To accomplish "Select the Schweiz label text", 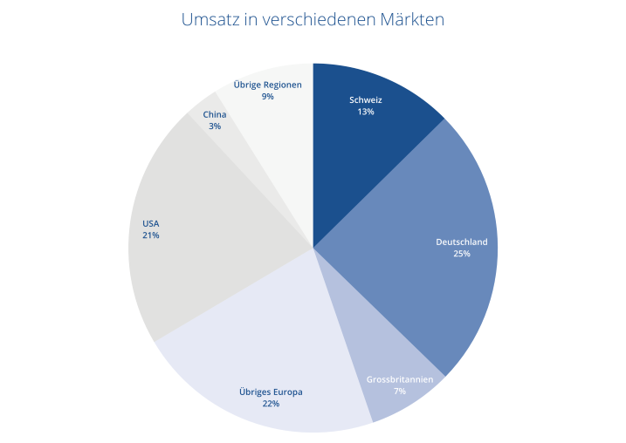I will click(365, 100).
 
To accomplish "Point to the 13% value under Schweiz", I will click(365, 112).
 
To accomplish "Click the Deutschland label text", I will click(461, 242).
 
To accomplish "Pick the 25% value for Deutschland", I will click(461, 254).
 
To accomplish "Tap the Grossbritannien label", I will click(399, 380).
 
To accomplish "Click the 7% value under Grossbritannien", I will click(399, 392).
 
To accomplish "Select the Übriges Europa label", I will click(271, 392).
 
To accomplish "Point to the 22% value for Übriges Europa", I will click(271, 405).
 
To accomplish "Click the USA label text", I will click(150, 223).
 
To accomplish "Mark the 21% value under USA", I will click(150, 235).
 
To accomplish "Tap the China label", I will click(214, 114).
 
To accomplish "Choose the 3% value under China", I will click(214, 126).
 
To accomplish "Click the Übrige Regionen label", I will click(267, 85).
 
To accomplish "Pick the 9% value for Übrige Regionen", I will click(267, 97).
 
